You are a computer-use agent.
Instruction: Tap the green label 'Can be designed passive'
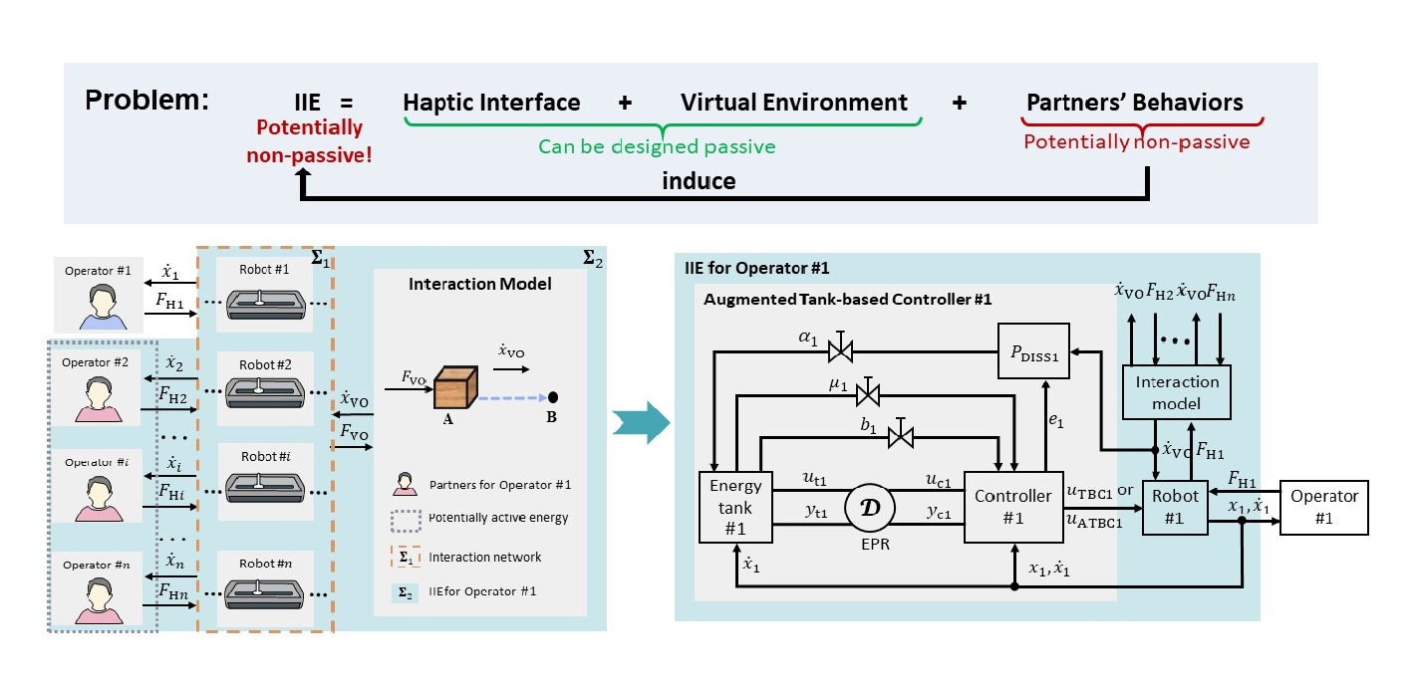657,146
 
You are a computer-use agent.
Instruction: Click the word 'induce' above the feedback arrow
699,181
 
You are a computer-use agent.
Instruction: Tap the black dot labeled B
553,397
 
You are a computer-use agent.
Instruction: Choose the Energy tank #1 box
734,506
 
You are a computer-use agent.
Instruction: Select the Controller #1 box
1012,506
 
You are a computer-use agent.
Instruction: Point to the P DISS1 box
1033,350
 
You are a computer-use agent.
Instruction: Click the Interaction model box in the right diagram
1177,391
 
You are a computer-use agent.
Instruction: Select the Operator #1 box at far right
1324,506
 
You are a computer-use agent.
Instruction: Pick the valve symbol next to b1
901,435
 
